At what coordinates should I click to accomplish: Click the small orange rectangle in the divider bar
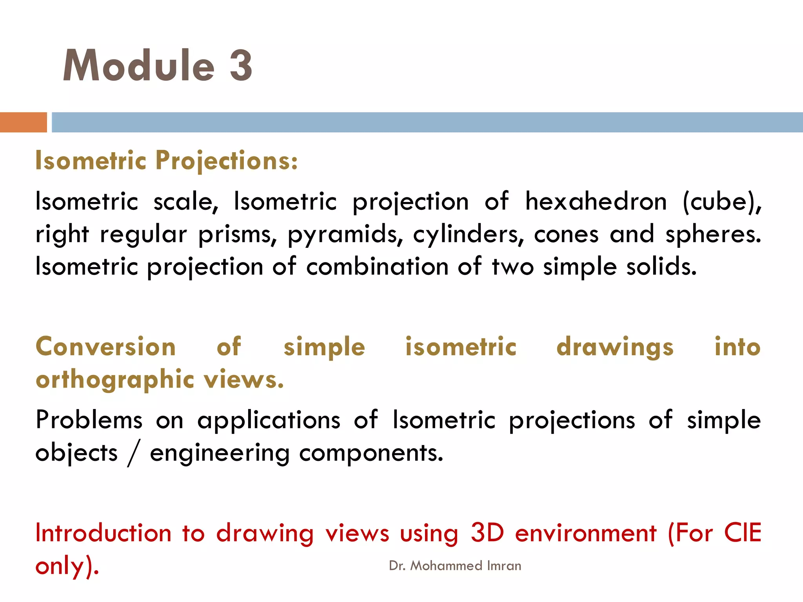23,122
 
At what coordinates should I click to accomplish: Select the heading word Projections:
227,161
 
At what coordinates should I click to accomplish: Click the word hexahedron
596,202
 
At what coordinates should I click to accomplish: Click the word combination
377,267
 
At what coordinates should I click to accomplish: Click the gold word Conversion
105,347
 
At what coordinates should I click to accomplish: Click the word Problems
89,420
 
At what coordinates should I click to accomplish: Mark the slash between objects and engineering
133,454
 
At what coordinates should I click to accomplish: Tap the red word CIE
742,533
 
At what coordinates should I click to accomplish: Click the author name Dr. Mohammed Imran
455,566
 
